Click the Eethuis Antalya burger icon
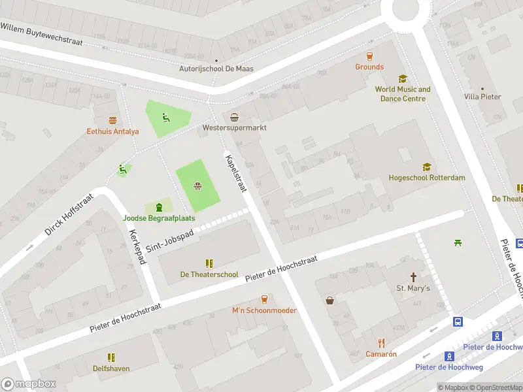pyautogui.click(x=113, y=120)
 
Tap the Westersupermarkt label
pyautogui.click(x=234, y=128)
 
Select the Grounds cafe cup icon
pyautogui.click(x=369, y=56)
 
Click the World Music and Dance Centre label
pyautogui.click(x=403, y=94)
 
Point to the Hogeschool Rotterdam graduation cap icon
pyautogui.click(x=426, y=167)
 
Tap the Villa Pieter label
pyautogui.click(x=482, y=97)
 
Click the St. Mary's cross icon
pyautogui.click(x=413, y=277)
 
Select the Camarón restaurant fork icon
pyautogui.click(x=381, y=343)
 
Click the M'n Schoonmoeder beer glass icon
pyautogui.click(x=264, y=299)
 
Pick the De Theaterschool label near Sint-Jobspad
pyautogui.click(x=209, y=274)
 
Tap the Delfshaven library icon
pyautogui.click(x=110, y=357)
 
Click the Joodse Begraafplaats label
pyautogui.click(x=159, y=218)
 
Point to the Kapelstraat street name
pyautogui.click(x=236, y=173)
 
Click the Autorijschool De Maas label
pyautogui.click(x=216, y=69)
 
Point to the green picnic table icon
pyautogui.click(x=458, y=243)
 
